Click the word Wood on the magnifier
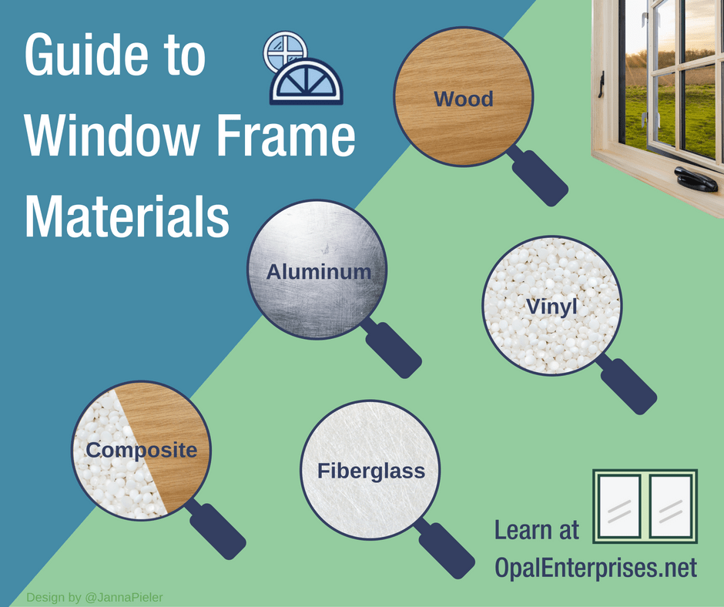(464, 99)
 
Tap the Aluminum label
(319, 272)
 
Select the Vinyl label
(551, 307)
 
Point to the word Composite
(141, 451)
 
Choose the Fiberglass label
(371, 471)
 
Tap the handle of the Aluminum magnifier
(393, 350)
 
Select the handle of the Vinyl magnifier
(628, 386)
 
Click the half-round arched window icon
(307, 82)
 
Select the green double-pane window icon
(645, 506)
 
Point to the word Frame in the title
(286, 136)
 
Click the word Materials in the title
(127, 216)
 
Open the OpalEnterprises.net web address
(595, 567)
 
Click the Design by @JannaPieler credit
(95, 597)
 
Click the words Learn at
(537, 530)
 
